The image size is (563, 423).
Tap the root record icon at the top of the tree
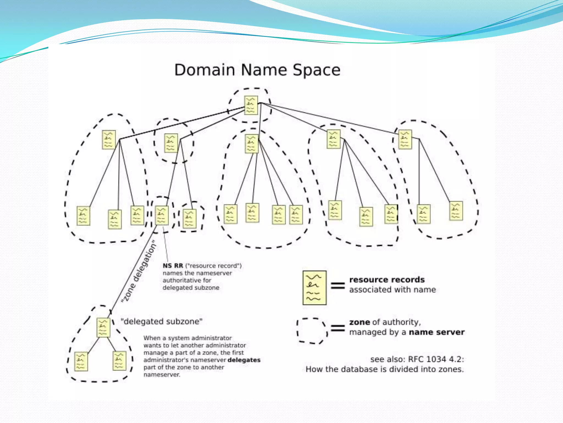251,105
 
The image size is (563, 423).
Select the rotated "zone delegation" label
139,271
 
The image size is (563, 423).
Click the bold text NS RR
173,266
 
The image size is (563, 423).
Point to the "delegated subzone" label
161,321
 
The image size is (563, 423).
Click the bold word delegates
244,360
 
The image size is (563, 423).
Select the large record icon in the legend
314,288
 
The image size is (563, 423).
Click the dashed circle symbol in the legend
312,331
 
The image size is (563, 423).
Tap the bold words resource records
387,280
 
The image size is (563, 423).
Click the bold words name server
437,332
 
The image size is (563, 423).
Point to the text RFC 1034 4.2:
436,359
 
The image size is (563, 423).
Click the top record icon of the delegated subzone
103,327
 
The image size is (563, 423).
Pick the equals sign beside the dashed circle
338,328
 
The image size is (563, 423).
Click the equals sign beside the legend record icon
338,286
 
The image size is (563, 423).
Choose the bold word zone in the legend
360,322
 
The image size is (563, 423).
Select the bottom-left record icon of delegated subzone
81,361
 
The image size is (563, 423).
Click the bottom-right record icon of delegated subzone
120,361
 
